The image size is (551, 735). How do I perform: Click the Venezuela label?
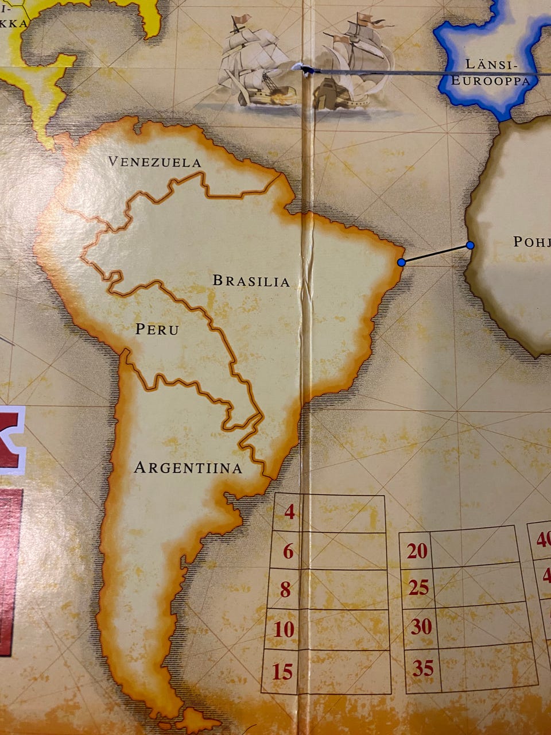tap(155, 163)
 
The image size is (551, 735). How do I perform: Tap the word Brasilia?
tap(251, 281)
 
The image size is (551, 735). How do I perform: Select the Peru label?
tap(157, 330)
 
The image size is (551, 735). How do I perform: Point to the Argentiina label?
tap(188, 468)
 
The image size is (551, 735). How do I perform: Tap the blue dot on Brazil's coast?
tap(402, 262)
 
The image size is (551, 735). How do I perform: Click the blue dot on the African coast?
tap(470, 245)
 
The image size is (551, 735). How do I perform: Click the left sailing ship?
tap(253, 63)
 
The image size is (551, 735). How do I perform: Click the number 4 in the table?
tap(290, 511)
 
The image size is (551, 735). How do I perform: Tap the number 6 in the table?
tap(288, 552)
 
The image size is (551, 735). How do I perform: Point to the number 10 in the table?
tap(284, 630)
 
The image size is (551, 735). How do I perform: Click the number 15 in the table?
tap(282, 671)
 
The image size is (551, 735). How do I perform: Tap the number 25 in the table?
tap(419, 587)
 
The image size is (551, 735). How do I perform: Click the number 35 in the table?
tap(423, 668)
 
